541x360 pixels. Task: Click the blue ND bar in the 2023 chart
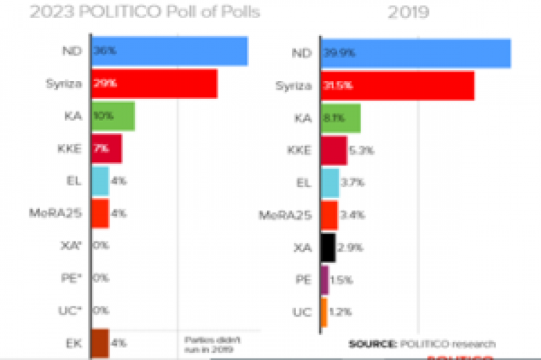click(169, 51)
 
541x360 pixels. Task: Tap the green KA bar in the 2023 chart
click(113, 116)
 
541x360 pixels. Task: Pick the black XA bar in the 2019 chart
click(328, 247)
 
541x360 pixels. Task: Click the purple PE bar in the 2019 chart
click(324, 280)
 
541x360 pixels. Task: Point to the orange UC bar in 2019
click(323, 312)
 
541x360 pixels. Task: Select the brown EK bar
click(100, 343)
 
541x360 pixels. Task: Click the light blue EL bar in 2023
click(100, 181)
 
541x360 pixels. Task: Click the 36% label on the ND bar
click(104, 51)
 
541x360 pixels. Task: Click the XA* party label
click(72, 246)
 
